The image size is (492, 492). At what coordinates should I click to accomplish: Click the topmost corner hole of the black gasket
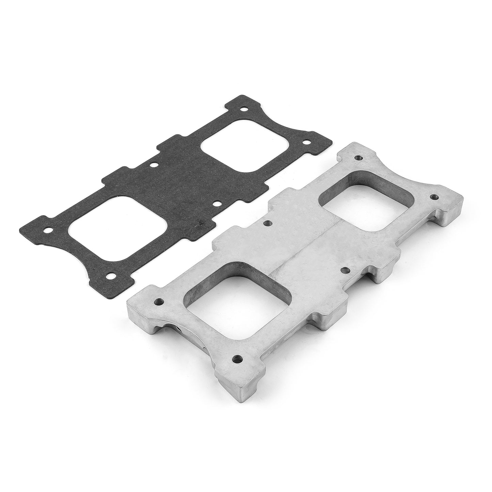(243, 110)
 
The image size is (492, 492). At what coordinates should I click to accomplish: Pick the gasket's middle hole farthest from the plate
(154, 165)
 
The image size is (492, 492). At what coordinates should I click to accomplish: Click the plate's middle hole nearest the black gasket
(267, 223)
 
